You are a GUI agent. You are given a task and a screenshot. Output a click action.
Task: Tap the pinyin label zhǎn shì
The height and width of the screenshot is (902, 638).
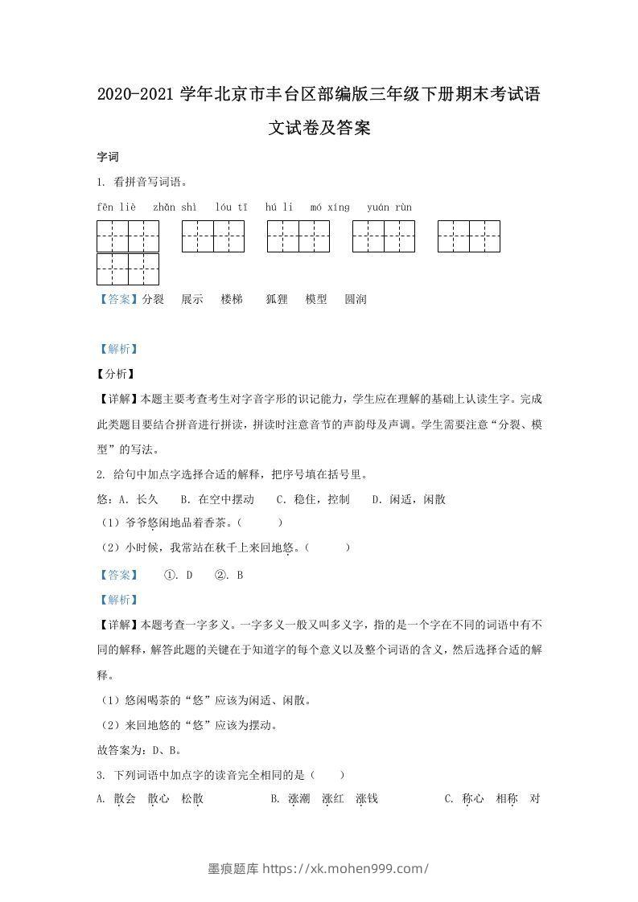tap(175, 207)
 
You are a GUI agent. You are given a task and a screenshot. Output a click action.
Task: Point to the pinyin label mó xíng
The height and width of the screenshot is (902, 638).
tap(330, 207)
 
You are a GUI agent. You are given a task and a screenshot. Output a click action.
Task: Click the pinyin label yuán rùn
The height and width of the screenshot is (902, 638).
tap(389, 207)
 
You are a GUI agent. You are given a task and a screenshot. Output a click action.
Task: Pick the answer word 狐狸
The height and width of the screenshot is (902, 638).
tap(277, 299)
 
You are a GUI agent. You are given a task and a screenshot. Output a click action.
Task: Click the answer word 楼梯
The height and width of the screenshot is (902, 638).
tap(232, 299)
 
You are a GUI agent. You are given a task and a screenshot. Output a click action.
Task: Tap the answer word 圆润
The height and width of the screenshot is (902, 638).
tap(356, 299)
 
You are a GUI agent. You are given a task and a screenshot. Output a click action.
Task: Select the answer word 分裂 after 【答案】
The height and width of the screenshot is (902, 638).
tap(153, 299)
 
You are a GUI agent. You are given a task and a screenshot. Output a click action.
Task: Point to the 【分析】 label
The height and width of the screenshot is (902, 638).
tap(116, 374)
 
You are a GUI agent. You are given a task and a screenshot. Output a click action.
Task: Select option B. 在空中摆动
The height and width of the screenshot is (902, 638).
tap(217, 499)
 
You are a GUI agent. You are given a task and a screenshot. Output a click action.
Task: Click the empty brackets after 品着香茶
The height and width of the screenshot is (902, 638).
tap(266, 523)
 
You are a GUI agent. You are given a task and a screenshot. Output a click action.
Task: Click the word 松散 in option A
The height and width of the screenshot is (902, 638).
tap(192, 798)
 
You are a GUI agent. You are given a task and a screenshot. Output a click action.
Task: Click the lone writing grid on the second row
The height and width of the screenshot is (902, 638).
tap(128, 269)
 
